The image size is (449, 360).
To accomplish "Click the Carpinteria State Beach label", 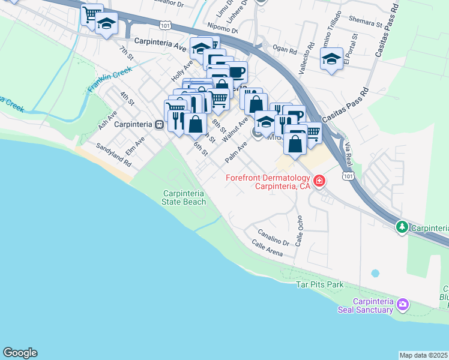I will [x=184, y=197].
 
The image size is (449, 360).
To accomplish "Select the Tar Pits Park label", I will [x=321, y=284].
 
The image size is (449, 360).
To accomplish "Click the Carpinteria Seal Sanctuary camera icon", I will [x=402, y=305].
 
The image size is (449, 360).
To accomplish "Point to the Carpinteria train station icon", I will [x=159, y=125].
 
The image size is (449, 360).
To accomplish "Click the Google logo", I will [x=20, y=353].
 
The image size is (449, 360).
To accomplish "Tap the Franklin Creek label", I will [x=109, y=79].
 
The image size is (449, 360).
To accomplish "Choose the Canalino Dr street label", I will [x=274, y=237].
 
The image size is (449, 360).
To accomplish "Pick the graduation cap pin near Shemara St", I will [x=331, y=59].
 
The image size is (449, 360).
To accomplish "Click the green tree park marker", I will [x=402, y=227].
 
